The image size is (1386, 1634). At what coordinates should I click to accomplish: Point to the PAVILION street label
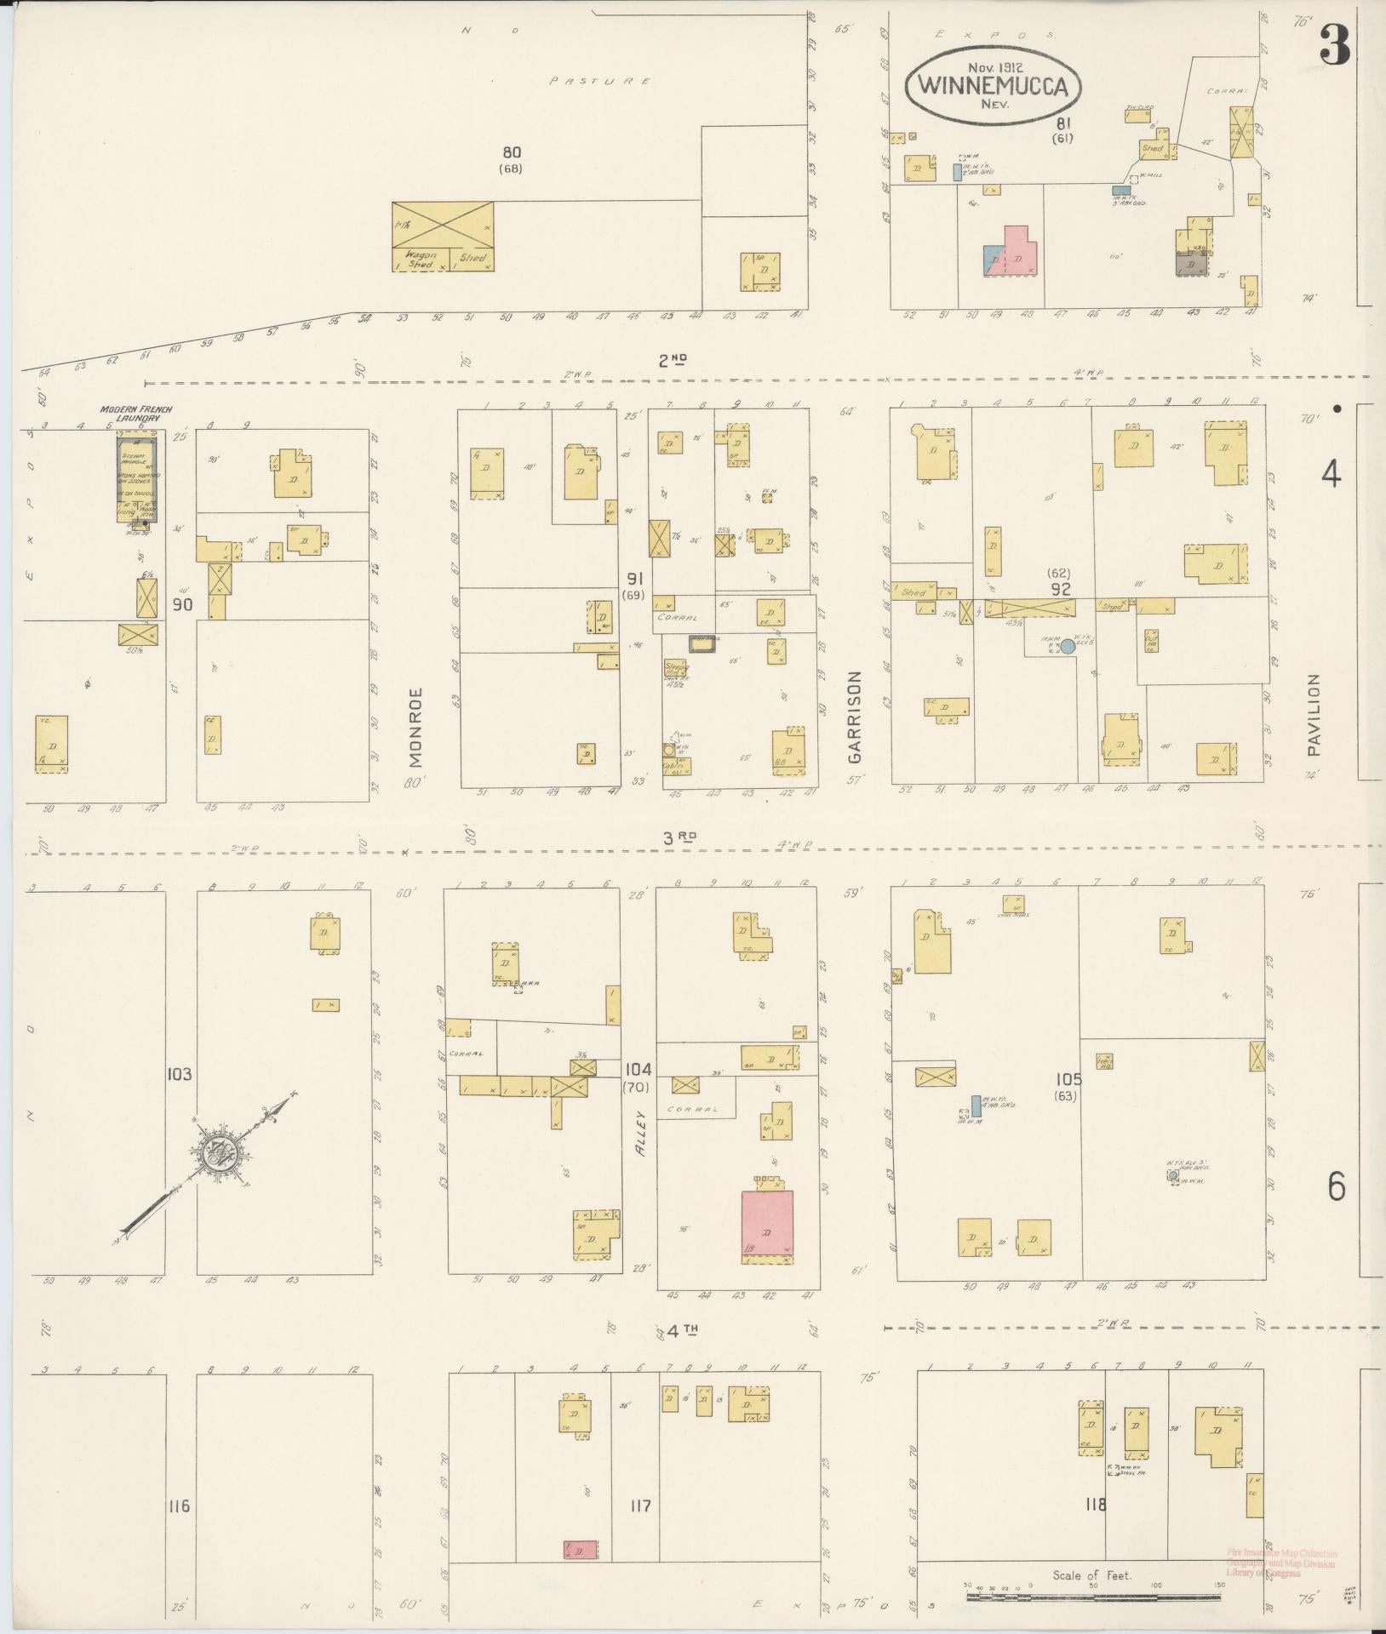[1314, 715]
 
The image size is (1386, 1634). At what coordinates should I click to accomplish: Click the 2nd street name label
[673, 360]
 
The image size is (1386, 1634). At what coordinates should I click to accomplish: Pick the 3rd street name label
[680, 837]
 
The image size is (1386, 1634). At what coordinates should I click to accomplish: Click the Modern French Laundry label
[136, 414]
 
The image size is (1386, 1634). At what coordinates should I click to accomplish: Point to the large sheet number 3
[1334, 47]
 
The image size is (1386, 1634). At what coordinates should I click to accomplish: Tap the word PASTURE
[600, 82]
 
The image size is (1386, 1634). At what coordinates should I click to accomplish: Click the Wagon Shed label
[421, 259]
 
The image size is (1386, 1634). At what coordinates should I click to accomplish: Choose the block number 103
[180, 1074]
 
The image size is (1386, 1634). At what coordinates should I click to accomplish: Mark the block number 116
[179, 1506]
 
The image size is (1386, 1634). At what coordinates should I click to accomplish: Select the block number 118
[1096, 1505]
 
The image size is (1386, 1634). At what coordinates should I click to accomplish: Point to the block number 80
[511, 152]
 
